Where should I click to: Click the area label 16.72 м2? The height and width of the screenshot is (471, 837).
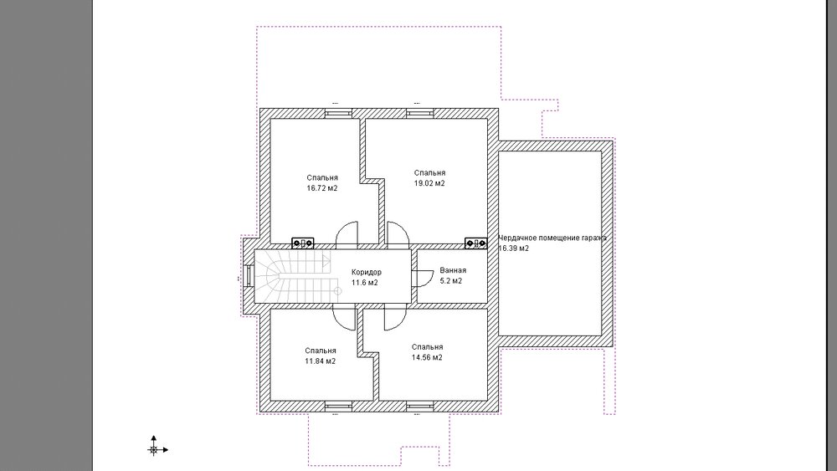tap(322, 188)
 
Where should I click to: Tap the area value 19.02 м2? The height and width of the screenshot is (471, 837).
tap(429, 183)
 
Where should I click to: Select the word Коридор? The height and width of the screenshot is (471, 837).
tap(367, 272)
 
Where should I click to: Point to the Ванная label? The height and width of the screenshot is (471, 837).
tap(453, 270)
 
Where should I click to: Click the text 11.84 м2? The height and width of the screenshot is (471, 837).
tap(321, 361)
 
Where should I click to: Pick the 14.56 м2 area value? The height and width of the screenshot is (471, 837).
tap(427, 357)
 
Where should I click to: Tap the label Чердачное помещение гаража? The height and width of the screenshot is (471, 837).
tap(552, 238)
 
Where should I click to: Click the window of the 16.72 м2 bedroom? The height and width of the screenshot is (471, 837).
tap(339, 113)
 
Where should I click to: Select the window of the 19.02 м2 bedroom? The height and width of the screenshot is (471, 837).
tap(420, 113)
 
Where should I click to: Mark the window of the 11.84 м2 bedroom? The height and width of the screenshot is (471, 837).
tap(339, 407)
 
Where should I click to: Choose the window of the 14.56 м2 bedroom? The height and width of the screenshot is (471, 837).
tap(420, 407)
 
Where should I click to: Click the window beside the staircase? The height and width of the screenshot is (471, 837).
tap(249, 277)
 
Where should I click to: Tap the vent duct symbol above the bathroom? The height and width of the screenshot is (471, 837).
tap(475, 243)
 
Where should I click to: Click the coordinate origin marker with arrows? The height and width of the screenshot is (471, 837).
tap(154, 449)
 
